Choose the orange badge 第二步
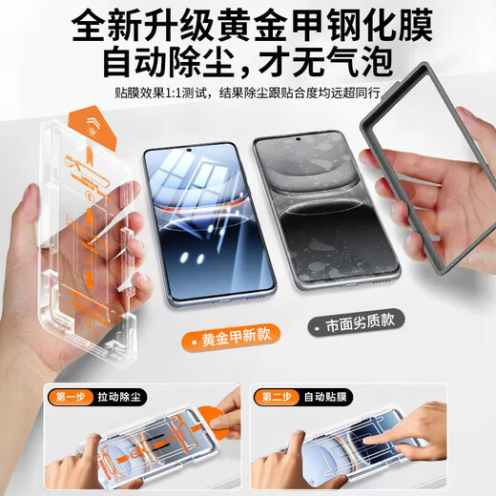click(276, 395)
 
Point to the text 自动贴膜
click(324, 395)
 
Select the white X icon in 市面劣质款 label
click(318, 326)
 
